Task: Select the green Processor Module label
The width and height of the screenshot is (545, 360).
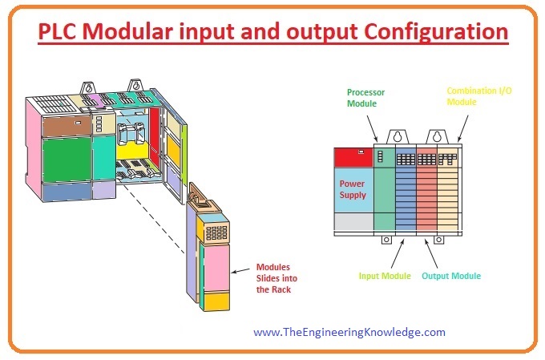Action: coord(365,97)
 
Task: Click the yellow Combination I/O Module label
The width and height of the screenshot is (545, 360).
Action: coord(478,97)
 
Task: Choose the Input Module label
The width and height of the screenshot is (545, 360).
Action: coord(385,276)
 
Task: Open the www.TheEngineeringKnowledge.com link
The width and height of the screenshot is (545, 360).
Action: coord(349,331)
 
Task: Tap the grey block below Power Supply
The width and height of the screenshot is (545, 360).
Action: coord(353,222)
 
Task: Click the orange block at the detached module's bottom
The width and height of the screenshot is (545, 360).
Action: coord(212,302)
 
